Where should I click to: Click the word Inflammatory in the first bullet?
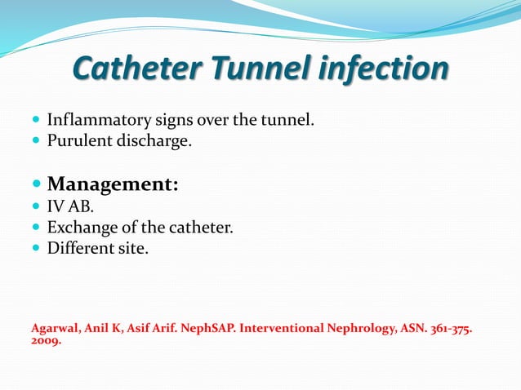tap(96, 121)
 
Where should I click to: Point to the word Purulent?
tap(78, 141)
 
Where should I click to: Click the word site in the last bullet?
tap(135, 248)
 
